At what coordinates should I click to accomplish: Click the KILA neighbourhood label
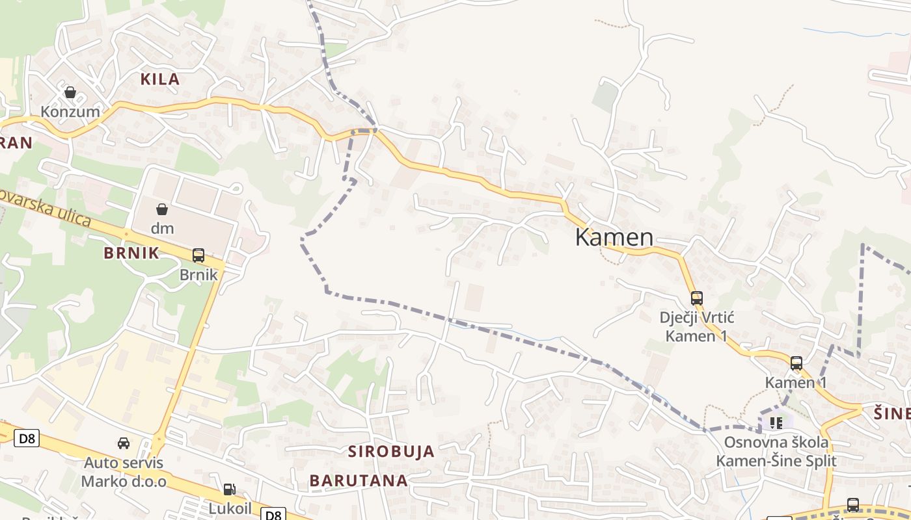pyautogui.click(x=160, y=79)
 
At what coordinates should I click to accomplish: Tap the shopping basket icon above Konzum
pyautogui.click(x=70, y=92)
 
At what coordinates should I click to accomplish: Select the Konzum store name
pyautogui.click(x=70, y=111)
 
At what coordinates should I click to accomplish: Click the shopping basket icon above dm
pyautogui.click(x=161, y=209)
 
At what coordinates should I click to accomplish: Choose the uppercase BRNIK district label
pyautogui.click(x=131, y=253)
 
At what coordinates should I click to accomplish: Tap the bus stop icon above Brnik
pyautogui.click(x=198, y=255)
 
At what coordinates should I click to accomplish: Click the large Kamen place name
pyautogui.click(x=614, y=237)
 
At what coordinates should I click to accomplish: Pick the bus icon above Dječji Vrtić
pyautogui.click(x=697, y=298)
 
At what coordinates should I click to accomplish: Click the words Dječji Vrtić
pyautogui.click(x=697, y=318)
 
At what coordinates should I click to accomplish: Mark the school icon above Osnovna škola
pyautogui.click(x=776, y=423)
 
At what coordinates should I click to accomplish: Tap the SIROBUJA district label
pyautogui.click(x=390, y=451)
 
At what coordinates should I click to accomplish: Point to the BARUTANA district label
pyautogui.click(x=359, y=480)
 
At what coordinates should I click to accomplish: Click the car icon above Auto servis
pyautogui.click(x=124, y=443)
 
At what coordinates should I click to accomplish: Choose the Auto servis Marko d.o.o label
pyautogui.click(x=124, y=473)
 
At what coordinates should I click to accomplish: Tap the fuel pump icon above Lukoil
pyautogui.click(x=229, y=489)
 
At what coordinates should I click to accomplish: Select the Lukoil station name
pyautogui.click(x=230, y=508)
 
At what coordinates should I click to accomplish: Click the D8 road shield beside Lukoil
pyautogui.click(x=273, y=515)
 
